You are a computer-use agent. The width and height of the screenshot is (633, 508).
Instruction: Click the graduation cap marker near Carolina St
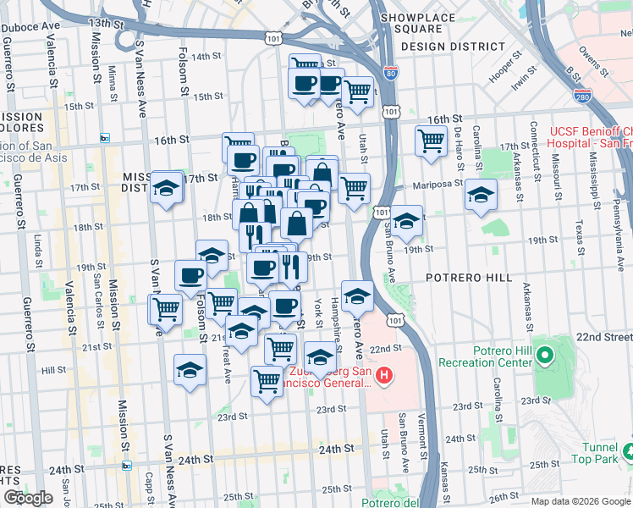481,195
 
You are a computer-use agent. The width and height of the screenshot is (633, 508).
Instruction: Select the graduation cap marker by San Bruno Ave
406,220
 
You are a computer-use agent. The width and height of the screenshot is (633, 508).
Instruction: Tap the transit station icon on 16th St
105,138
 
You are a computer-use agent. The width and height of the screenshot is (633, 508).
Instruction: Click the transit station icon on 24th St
127,465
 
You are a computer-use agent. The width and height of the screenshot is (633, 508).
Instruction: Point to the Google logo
28,498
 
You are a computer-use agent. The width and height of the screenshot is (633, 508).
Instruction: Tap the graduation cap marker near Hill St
190,369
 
